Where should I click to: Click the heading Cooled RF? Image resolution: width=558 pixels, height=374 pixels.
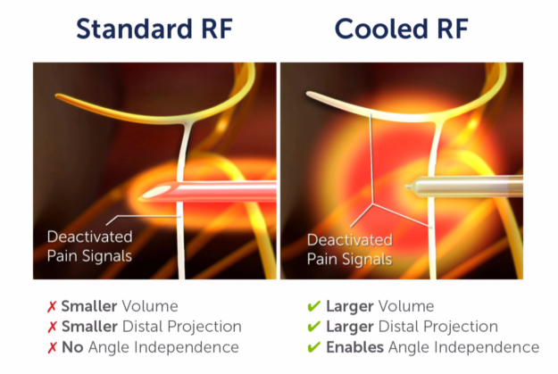402,29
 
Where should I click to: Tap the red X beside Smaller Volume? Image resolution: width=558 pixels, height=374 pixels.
52,307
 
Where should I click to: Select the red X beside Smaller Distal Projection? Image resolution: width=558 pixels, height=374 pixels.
52,327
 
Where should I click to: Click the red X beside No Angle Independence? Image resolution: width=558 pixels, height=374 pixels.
52,346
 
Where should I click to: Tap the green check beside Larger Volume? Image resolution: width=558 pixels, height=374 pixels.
313,307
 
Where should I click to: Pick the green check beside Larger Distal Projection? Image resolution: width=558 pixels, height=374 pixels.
313,327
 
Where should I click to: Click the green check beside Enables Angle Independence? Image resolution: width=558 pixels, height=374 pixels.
313,346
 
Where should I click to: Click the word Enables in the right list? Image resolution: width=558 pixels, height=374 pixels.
354,346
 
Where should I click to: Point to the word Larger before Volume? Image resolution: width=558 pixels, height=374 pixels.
352,307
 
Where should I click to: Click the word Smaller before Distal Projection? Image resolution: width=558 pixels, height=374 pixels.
88,327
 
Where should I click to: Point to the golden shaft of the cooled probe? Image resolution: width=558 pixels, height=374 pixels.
473,187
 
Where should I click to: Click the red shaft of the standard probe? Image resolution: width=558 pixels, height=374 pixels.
223,193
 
